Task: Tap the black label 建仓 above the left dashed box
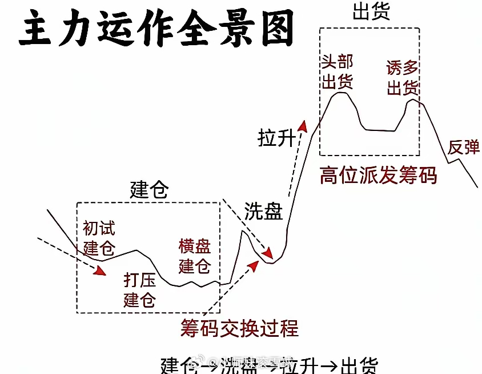coord(149,189)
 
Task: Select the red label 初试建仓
coord(99,238)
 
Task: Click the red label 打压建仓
coord(140,289)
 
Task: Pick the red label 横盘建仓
coord(194,256)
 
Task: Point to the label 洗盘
coord(263,211)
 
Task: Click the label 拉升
coord(276,138)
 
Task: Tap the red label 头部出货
coord(337,73)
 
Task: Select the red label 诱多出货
coord(403,78)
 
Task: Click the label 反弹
coord(463,147)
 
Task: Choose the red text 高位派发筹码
coord(379,175)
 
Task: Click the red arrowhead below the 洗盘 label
coord(267,253)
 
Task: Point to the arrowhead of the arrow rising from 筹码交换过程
coord(253,265)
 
